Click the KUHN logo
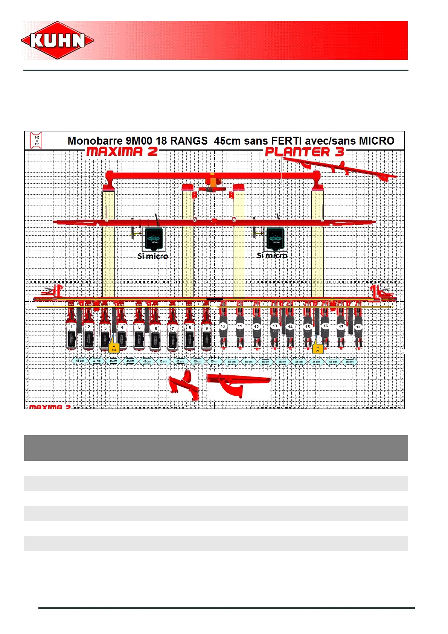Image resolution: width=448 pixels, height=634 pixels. click(x=57, y=40)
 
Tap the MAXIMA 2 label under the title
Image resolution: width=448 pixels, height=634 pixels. click(x=122, y=152)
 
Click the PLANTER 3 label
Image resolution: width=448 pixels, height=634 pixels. click(x=304, y=152)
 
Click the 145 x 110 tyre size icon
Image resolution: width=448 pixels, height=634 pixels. click(x=37, y=140)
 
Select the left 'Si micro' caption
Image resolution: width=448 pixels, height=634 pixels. click(x=152, y=256)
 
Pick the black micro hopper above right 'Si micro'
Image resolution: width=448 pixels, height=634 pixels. click(x=275, y=238)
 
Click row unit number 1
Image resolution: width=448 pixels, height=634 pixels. click(x=72, y=328)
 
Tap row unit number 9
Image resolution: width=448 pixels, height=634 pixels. click(x=207, y=328)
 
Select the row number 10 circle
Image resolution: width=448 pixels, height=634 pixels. click(x=223, y=326)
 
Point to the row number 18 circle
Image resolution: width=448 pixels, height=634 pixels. click(x=358, y=327)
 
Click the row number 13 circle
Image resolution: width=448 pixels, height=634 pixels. click(x=275, y=326)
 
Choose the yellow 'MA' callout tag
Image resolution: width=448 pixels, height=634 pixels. click(x=114, y=348)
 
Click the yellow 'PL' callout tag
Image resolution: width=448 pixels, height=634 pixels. click(x=317, y=349)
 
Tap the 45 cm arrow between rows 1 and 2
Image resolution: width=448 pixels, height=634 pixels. click(x=80, y=361)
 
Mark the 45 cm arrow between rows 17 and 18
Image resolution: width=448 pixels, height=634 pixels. click(x=349, y=362)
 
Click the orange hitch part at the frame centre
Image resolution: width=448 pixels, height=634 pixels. click(x=213, y=182)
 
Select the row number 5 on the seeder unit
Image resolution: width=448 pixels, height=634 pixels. click(x=139, y=328)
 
